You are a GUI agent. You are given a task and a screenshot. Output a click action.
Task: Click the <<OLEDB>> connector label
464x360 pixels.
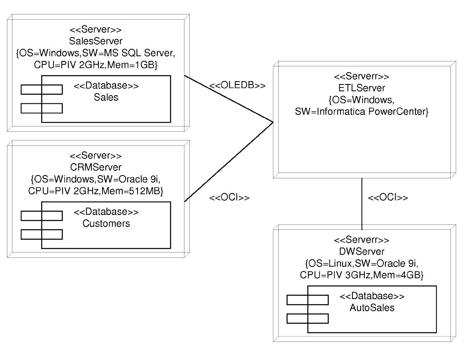[237, 86]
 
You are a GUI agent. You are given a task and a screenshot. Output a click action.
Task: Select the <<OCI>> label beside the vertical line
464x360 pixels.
[387, 198]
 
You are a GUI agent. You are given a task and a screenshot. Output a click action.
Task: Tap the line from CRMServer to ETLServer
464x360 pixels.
[229, 162]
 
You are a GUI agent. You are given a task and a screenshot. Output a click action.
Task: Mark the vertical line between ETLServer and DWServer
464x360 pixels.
[362, 204]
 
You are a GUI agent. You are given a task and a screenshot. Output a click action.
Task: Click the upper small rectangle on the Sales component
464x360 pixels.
[41, 89]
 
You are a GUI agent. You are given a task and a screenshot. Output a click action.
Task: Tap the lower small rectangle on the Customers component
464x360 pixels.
[41, 234]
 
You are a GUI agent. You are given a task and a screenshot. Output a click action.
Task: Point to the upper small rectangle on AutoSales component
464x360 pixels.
[308, 299]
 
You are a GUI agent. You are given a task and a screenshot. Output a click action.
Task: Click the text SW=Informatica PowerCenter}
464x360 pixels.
[361, 112]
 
